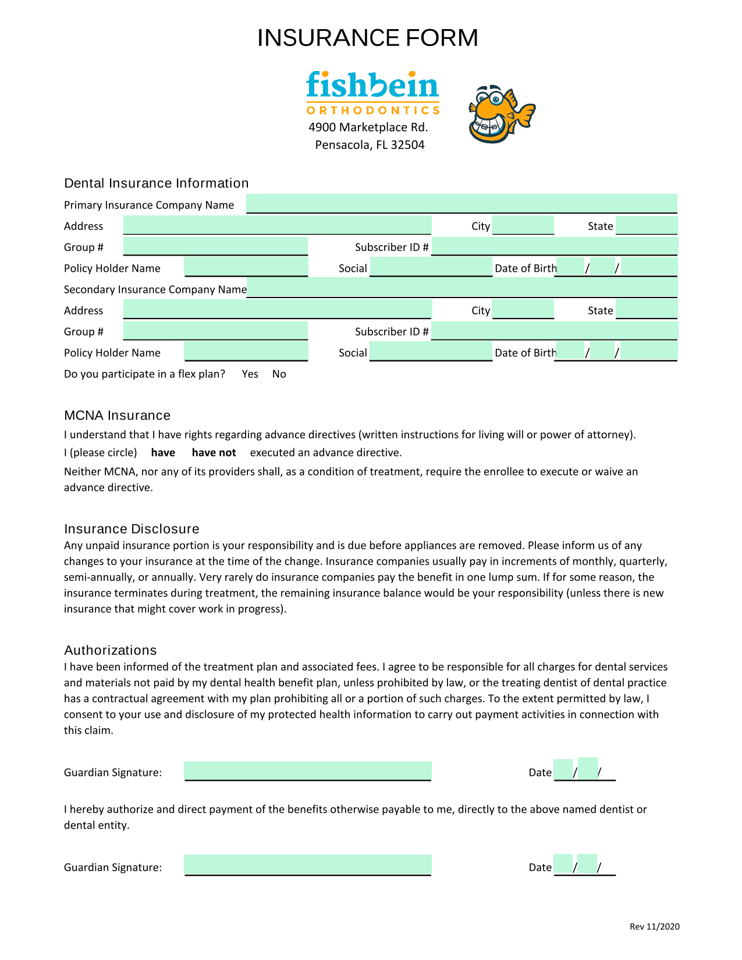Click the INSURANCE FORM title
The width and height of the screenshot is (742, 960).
367,38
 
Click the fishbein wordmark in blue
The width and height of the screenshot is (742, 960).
372,85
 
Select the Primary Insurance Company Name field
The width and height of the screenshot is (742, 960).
461,204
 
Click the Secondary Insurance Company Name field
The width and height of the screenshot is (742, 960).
462,288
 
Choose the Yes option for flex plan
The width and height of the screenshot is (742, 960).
250,374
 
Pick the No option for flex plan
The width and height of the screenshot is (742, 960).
279,374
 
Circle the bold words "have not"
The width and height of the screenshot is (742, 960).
214,453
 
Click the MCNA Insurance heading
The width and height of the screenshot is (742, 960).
117,416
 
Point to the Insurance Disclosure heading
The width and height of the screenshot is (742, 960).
132,529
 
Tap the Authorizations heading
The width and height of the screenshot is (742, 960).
111,650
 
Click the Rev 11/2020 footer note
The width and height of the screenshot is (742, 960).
654,927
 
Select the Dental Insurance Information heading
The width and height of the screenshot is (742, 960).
156,183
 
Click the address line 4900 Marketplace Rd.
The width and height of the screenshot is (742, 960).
368,127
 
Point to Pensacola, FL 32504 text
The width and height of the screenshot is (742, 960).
370,145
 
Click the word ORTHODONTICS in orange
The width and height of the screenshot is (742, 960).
372,111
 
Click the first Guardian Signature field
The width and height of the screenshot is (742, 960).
308,771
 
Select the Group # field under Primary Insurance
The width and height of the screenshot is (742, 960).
215,246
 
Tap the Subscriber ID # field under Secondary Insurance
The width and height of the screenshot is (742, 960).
555,331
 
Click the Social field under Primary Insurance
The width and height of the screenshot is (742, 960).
431,267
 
